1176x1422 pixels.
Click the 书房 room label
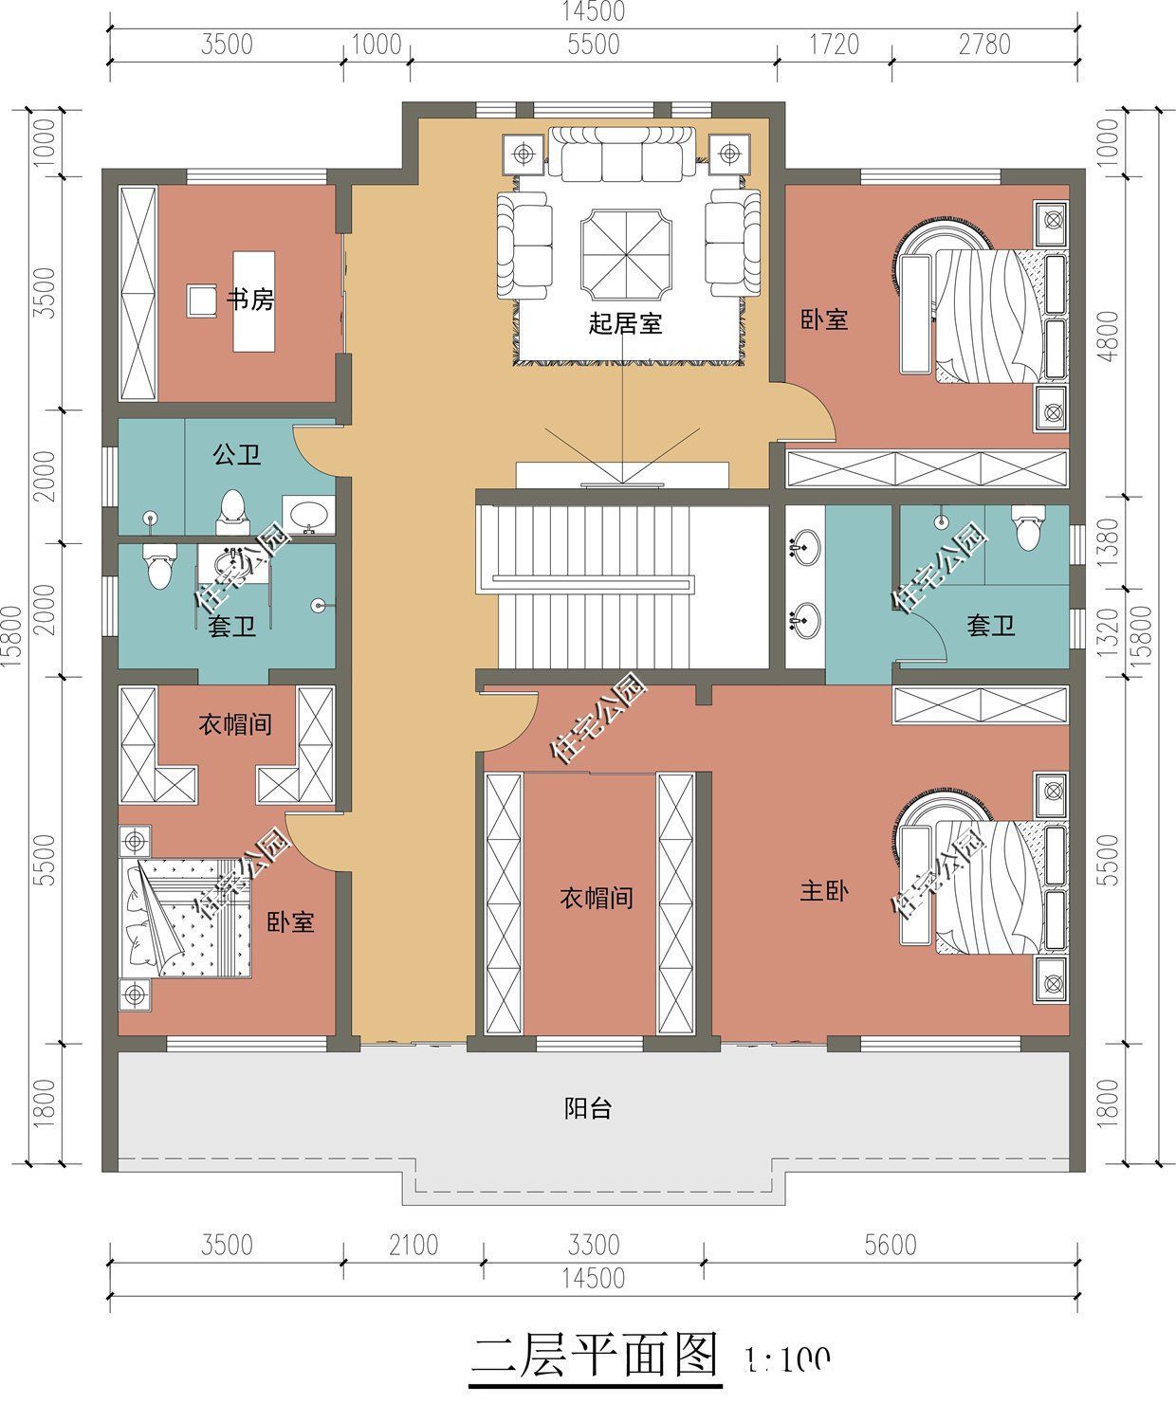pyautogui.click(x=249, y=301)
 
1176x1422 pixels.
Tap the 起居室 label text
pyautogui.click(x=624, y=324)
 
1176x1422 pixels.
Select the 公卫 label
pyautogui.click(x=236, y=456)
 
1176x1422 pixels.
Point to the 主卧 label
pyautogui.click(x=823, y=891)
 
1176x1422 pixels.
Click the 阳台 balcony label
pyautogui.click(x=588, y=1108)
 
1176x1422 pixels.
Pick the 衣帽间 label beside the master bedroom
pyautogui.click(x=596, y=898)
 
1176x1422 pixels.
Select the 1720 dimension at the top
pyautogui.click(x=834, y=45)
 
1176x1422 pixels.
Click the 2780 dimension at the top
pyautogui.click(x=983, y=45)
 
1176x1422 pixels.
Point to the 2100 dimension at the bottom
pyautogui.click(x=413, y=1244)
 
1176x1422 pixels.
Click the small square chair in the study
pyautogui.click(x=201, y=301)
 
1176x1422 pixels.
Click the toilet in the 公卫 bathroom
pyautogui.click(x=230, y=509)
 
